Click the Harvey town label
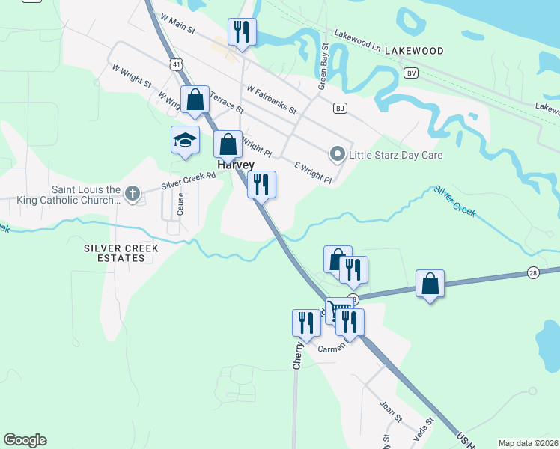[x=236, y=165]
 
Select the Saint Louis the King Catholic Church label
[x=85, y=195]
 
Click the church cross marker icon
[x=133, y=195]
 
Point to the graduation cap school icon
[x=185, y=140]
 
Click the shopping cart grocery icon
[x=339, y=308]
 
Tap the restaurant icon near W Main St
[x=241, y=32]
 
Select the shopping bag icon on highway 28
[x=430, y=284]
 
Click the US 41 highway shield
[x=174, y=64]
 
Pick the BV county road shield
[x=410, y=73]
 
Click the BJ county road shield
[x=341, y=109]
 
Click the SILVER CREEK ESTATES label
[x=115, y=252]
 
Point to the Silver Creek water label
[x=454, y=201]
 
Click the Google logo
[x=25, y=440]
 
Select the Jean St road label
[x=391, y=408]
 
